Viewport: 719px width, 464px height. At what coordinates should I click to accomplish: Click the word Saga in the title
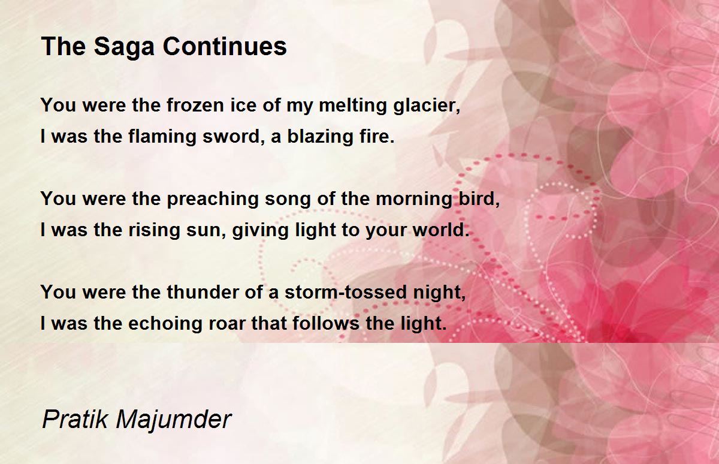click(x=124, y=47)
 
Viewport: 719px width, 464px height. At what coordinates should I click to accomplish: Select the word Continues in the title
click(x=225, y=46)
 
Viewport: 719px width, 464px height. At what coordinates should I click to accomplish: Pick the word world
click(x=441, y=230)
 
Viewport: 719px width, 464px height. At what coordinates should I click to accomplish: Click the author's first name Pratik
click(x=75, y=419)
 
